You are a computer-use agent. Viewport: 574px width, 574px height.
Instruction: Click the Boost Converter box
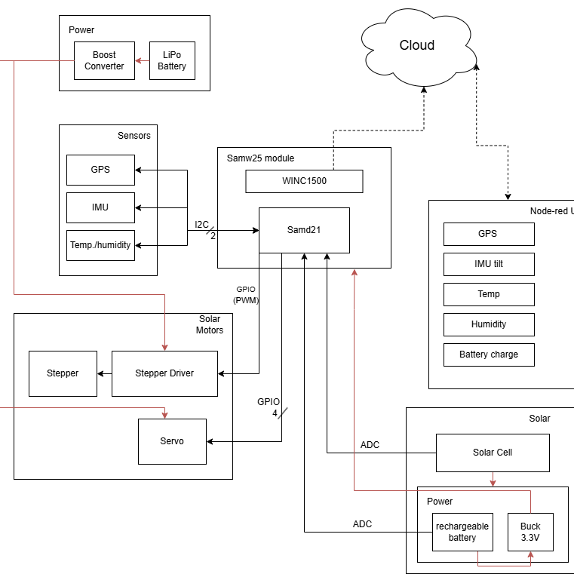coord(104,61)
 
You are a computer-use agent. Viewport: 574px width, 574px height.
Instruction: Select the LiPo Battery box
coord(172,61)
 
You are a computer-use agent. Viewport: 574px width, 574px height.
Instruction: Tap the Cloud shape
coord(417,46)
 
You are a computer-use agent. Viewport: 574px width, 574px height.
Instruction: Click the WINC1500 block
coord(304,181)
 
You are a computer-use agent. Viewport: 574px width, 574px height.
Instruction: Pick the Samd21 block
coord(304,230)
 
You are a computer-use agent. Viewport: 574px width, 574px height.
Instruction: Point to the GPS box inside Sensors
coord(100,170)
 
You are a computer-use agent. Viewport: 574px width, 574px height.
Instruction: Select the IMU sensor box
coord(100,207)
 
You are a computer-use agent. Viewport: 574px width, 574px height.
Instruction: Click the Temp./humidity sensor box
coord(100,245)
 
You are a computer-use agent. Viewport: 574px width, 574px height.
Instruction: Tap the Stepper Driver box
coord(164,373)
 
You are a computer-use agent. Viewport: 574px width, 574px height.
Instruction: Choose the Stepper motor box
coord(63,373)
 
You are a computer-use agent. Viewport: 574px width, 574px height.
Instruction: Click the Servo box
coord(172,441)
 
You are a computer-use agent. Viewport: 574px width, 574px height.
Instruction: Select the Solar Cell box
coord(493,453)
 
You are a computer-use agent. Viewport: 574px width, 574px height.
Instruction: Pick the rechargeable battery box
coord(462,533)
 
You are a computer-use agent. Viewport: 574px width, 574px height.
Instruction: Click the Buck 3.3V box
coord(530,533)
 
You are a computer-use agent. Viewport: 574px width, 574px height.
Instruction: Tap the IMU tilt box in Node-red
coord(489,264)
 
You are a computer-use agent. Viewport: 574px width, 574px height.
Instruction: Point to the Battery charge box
coord(489,355)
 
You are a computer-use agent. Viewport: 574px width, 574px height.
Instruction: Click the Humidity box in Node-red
coord(489,324)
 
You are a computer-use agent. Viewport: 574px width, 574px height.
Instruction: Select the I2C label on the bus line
coord(202,225)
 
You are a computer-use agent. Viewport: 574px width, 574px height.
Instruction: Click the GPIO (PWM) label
coord(246,294)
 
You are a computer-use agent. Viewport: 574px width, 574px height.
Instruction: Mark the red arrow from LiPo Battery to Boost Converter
coord(142,61)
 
